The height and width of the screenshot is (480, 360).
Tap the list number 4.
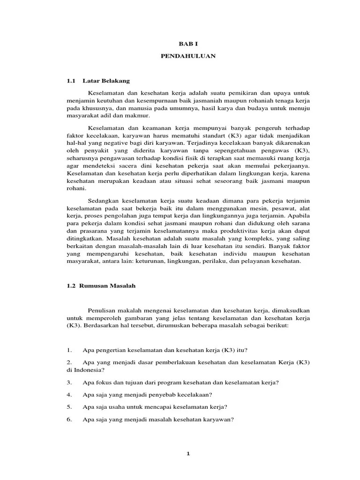(69, 394)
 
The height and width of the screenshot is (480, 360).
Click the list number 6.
(69, 419)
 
